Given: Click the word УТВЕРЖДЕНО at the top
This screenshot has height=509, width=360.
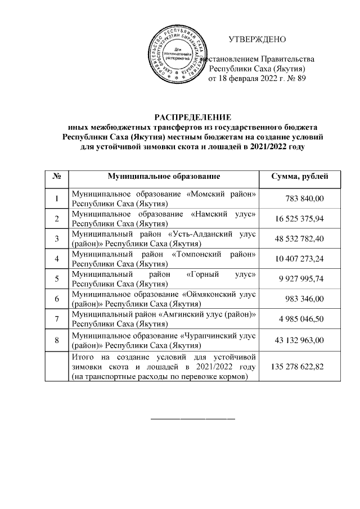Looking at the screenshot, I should pyautogui.click(x=258, y=39).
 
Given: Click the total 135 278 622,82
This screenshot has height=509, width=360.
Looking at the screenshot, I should pyautogui.click(x=298, y=366).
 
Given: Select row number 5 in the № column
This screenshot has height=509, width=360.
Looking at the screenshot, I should pyautogui.click(x=56, y=279).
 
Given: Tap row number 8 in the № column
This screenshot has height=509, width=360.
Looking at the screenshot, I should pyautogui.click(x=56, y=340).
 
